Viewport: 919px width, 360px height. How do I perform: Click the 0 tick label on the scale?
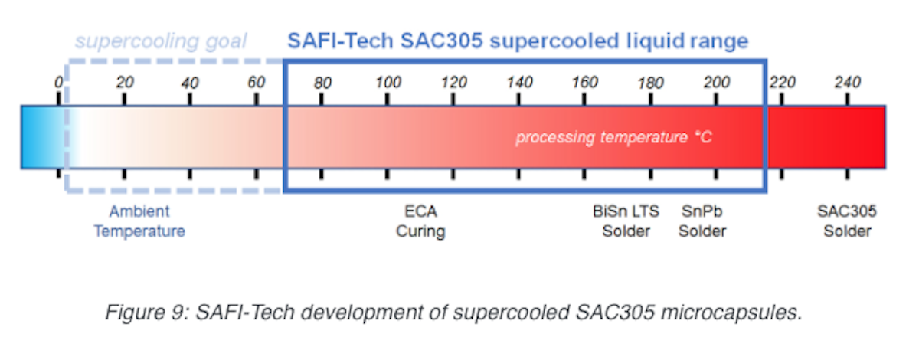click(x=59, y=82)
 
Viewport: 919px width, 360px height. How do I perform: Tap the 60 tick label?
click(x=257, y=82)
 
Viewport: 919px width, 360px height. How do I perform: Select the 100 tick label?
click(x=388, y=82)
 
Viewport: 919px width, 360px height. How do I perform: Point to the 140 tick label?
click(x=519, y=82)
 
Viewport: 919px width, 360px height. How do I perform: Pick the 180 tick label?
click(x=651, y=83)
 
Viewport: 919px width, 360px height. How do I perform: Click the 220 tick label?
click(x=783, y=82)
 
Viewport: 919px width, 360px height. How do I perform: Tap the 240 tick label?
click(x=848, y=82)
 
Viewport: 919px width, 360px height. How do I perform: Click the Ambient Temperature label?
click(x=139, y=221)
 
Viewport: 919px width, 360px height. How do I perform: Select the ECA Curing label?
click(x=420, y=221)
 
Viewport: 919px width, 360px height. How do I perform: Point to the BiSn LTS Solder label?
click(x=626, y=221)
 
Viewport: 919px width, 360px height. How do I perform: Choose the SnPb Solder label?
click(x=702, y=221)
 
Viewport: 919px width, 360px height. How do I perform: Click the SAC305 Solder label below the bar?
click(x=847, y=221)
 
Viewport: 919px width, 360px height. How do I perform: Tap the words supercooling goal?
click(x=161, y=41)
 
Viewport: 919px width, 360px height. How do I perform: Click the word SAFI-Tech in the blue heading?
click(x=340, y=41)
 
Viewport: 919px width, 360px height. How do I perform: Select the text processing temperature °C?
click(x=613, y=137)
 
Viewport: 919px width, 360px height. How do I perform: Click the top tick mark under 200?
click(x=716, y=100)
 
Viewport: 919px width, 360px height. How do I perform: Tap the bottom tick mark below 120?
click(x=453, y=174)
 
